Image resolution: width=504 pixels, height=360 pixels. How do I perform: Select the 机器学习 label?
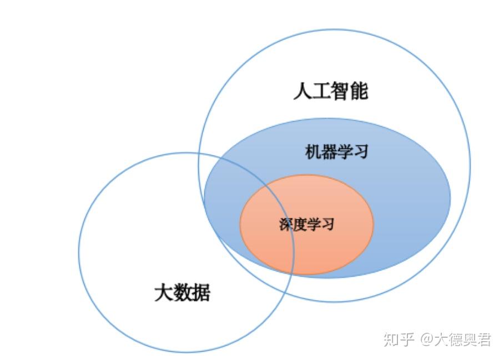(x=336, y=151)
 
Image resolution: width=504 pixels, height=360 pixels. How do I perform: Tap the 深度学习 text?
(x=307, y=224)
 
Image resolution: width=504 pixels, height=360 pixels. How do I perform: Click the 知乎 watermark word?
(x=399, y=339)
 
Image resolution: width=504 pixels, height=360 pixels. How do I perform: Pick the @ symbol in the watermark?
(x=426, y=339)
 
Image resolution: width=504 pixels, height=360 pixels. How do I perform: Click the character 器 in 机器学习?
(x=329, y=151)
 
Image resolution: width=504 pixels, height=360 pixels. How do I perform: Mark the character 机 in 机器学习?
(x=313, y=151)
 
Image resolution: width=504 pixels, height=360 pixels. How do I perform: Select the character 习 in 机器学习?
(x=360, y=151)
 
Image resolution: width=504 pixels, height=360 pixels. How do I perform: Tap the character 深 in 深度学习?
(x=286, y=224)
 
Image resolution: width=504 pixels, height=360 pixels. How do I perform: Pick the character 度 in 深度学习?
(x=300, y=224)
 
